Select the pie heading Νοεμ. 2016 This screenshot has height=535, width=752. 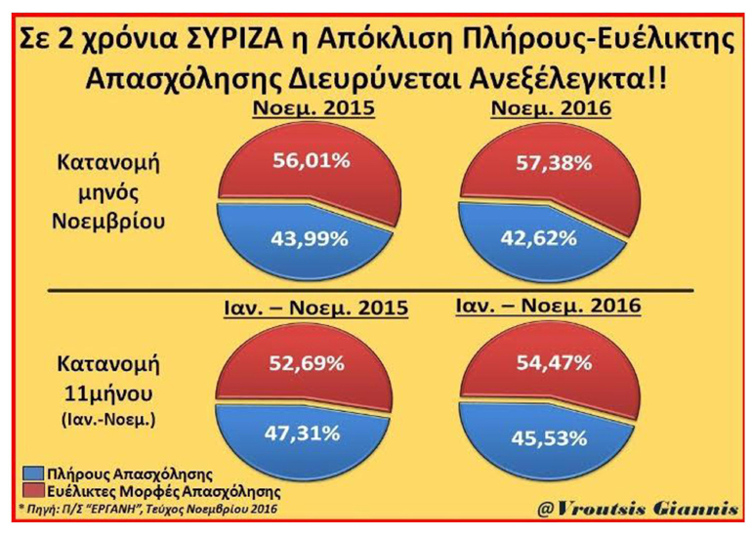coord(554,109)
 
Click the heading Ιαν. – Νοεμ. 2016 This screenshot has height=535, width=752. coord(549,308)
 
